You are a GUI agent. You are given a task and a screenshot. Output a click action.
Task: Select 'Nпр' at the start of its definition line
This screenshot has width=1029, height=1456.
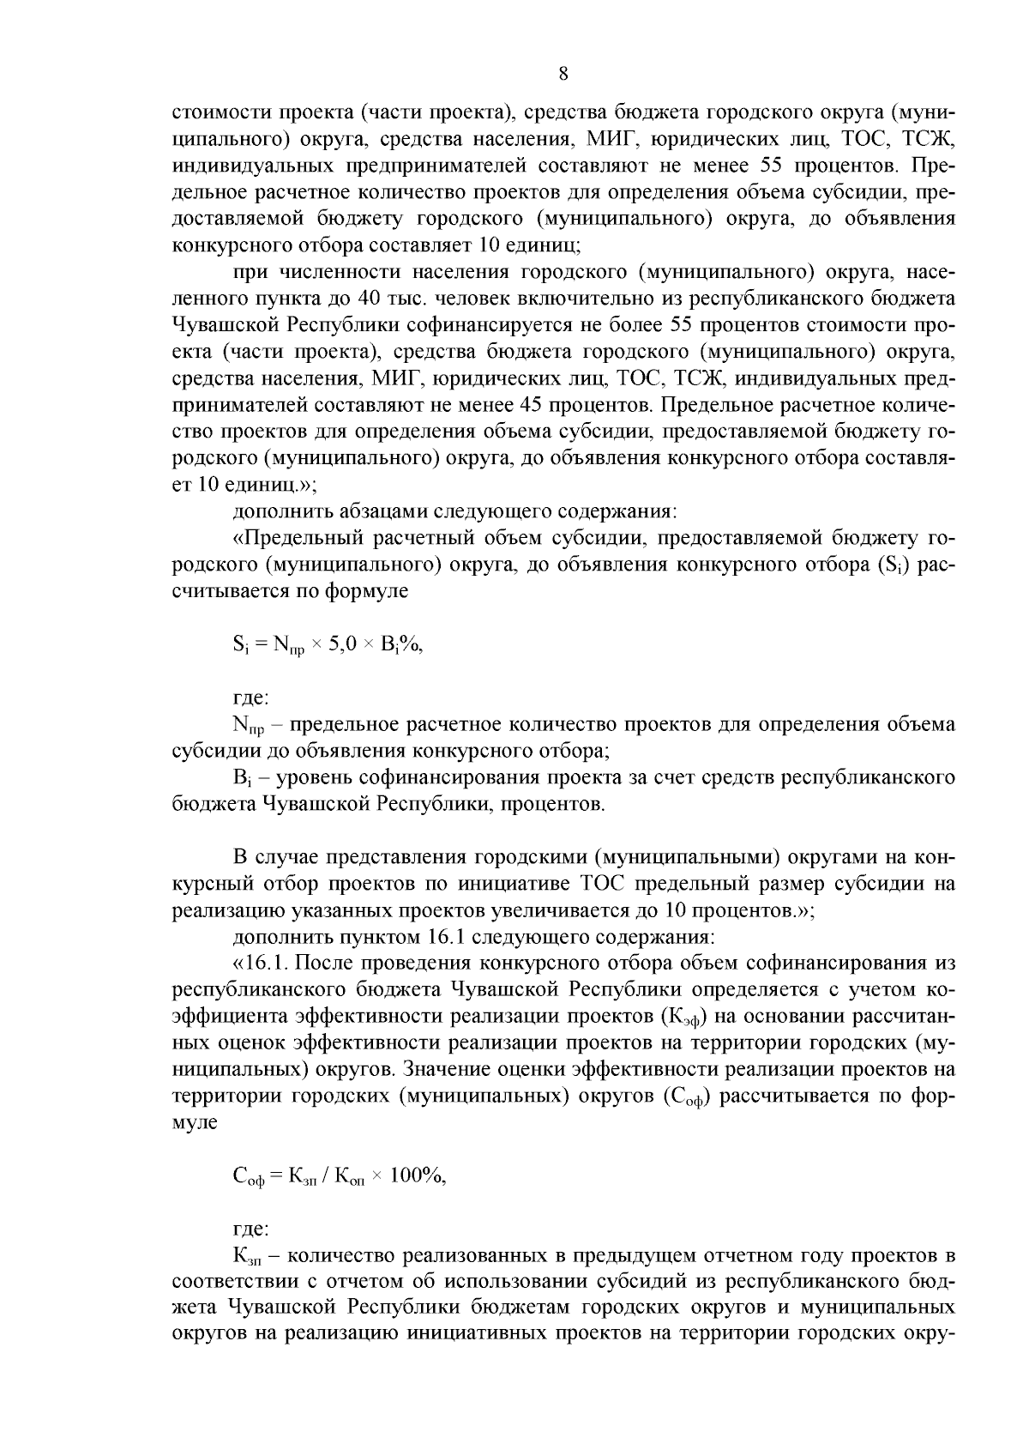click(x=249, y=726)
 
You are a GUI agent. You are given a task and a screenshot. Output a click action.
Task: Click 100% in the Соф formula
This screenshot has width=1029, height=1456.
click(x=418, y=1176)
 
